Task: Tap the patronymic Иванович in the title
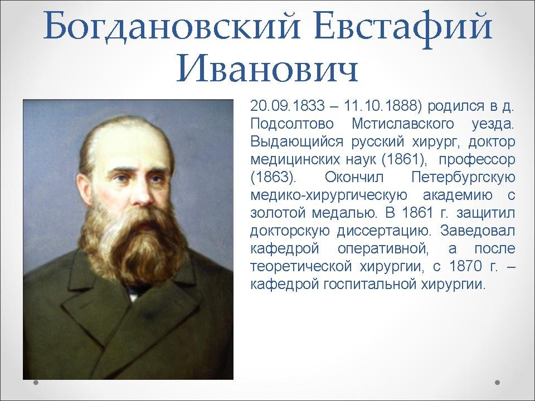267,68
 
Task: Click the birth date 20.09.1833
288,106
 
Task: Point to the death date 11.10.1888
381,106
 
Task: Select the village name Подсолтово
291,124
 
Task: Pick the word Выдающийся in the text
296,142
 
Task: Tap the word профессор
476,160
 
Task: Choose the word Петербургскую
463,177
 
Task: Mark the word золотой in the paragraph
277,213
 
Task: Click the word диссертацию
381,231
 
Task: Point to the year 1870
465,266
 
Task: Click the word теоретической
301,267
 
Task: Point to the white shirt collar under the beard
134,296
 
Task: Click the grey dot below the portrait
36,383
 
